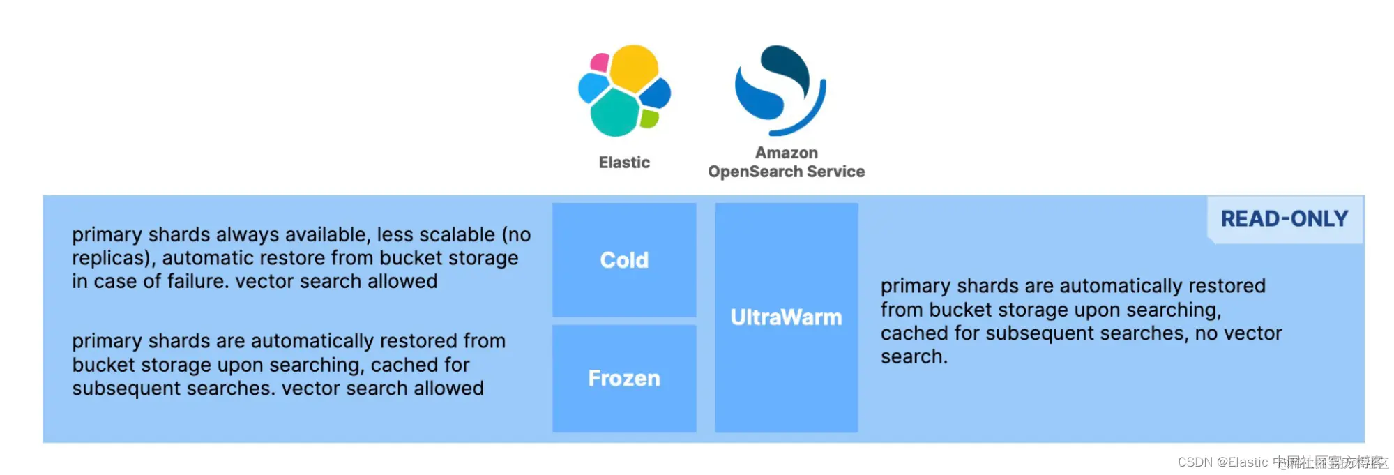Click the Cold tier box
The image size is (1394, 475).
[x=624, y=259]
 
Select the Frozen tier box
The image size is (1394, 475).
[x=624, y=378]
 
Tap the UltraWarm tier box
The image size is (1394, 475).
[x=786, y=317]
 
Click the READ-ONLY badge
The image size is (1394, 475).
[x=1285, y=219]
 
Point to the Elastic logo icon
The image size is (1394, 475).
[x=624, y=91]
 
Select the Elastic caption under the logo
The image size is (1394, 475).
[x=624, y=163]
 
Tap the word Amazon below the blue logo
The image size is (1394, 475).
[x=787, y=153]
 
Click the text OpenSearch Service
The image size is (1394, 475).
[x=787, y=172]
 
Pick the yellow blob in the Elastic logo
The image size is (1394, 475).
[x=633, y=67]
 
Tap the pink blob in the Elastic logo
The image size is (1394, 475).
[x=599, y=63]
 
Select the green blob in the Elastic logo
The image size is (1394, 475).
[x=649, y=119]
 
